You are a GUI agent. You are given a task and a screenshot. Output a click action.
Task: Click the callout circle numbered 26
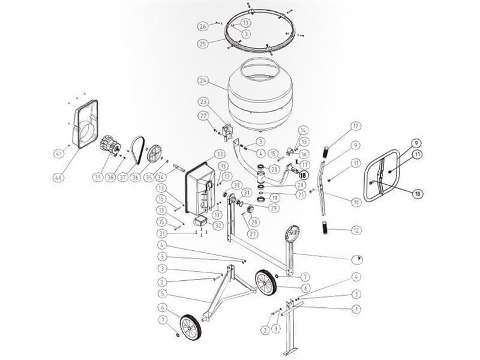point(203,26)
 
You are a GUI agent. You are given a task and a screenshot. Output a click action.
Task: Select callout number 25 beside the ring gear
point(203,44)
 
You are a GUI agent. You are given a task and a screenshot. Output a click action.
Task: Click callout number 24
point(203,80)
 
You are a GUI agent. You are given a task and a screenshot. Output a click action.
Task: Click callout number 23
point(203,101)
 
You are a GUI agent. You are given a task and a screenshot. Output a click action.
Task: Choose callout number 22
point(203,116)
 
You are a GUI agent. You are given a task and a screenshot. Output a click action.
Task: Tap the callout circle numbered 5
point(162,294)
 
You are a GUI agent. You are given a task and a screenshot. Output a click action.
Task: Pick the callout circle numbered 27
point(252,234)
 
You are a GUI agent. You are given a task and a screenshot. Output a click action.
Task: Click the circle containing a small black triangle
point(358,259)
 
